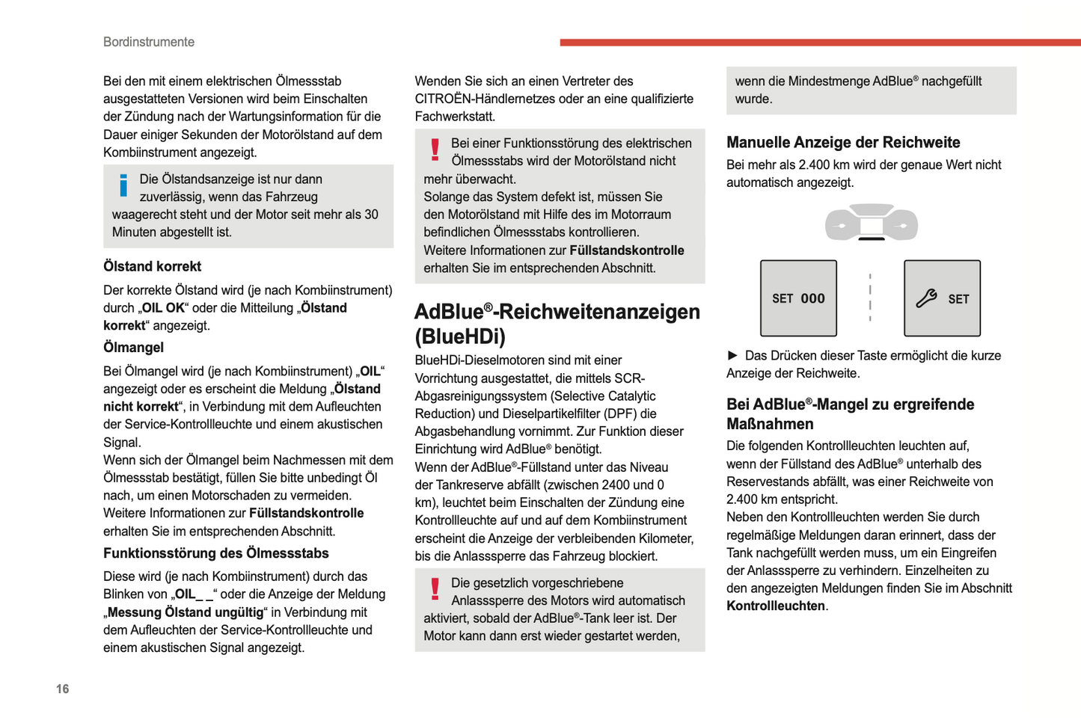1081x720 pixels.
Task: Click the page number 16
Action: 62,689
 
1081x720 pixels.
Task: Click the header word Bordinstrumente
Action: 148,42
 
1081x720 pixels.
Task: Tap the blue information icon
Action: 123,185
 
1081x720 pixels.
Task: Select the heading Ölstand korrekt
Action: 152,266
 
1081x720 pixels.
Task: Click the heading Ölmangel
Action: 133,348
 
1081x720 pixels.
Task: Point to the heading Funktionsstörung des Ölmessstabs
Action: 215,553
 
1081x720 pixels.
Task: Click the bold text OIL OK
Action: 163,308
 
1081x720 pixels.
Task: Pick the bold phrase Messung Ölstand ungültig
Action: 186,612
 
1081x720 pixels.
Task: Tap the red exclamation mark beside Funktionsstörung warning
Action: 435,150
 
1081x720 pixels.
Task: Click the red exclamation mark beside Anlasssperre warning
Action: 435,589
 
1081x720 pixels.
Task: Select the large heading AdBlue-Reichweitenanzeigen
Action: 557,313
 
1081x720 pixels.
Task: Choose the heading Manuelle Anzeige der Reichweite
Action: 842,142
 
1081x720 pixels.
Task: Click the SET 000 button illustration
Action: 798,298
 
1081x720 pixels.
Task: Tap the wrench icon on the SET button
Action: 926,298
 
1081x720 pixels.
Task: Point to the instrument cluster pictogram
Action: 871,222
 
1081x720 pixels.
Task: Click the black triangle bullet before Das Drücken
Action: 732,355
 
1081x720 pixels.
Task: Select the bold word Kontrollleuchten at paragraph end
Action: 775,606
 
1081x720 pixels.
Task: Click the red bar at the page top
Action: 820,42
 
